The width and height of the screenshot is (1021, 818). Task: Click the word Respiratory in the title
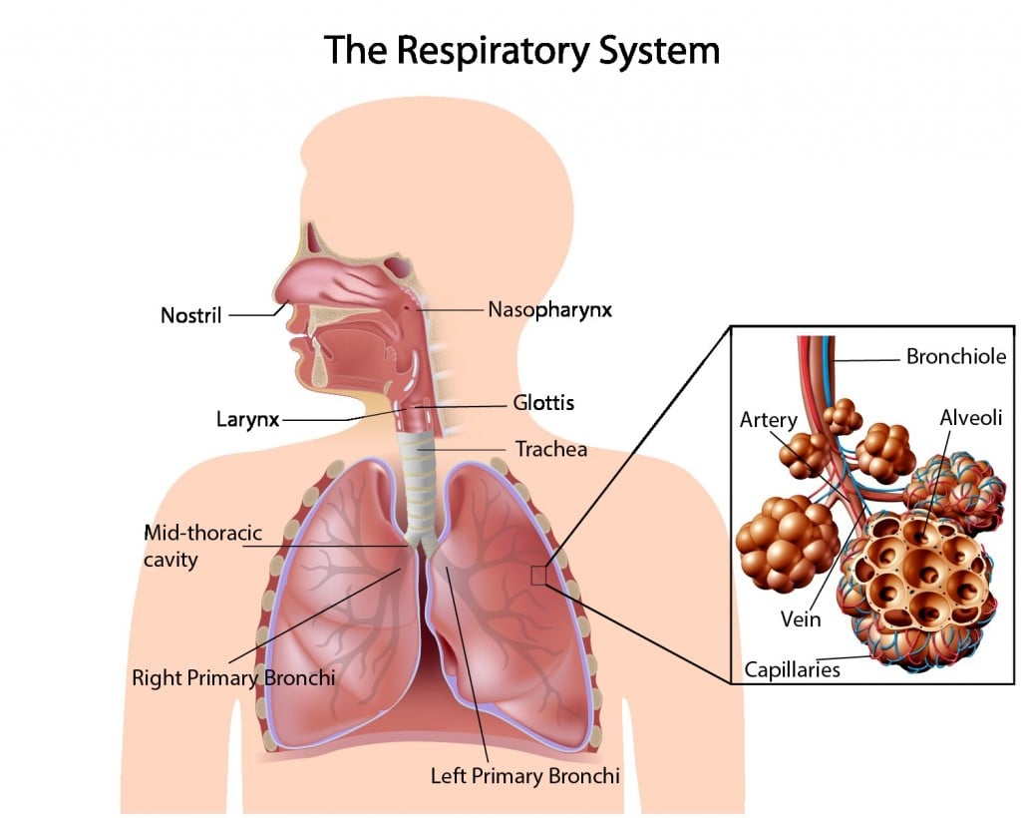(x=495, y=49)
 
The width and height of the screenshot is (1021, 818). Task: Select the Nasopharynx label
(x=549, y=309)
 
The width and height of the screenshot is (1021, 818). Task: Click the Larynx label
(x=247, y=418)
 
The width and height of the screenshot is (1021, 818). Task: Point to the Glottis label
(x=543, y=403)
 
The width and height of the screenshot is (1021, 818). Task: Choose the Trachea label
(x=550, y=449)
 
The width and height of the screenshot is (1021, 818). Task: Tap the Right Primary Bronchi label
(x=233, y=677)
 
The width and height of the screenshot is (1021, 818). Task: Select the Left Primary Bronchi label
(x=525, y=774)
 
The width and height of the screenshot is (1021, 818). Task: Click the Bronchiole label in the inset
(x=955, y=356)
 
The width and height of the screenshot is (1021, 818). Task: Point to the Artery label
(x=768, y=420)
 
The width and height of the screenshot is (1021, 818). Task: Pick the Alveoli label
(x=970, y=417)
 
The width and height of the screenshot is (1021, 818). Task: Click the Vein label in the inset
(x=801, y=618)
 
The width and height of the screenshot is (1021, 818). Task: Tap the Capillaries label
(x=793, y=668)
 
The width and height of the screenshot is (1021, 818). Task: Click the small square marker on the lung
(x=538, y=575)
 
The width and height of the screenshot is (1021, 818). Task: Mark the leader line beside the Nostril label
(x=253, y=315)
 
